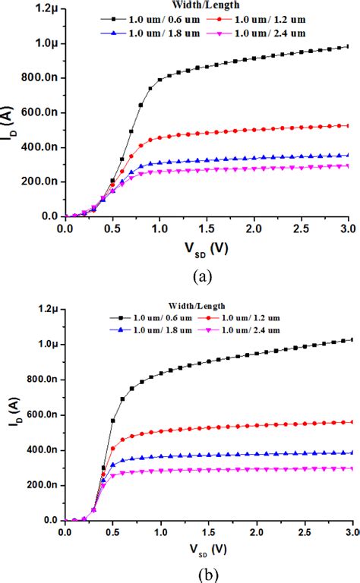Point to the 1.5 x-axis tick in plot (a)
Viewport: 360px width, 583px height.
pyautogui.click(x=207, y=228)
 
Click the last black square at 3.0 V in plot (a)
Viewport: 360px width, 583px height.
pyautogui.click(x=348, y=46)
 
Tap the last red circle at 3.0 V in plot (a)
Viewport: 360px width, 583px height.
pyautogui.click(x=348, y=125)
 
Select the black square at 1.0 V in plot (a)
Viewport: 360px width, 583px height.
pyautogui.click(x=159, y=79)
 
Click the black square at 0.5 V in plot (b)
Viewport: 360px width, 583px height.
pyautogui.click(x=113, y=420)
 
